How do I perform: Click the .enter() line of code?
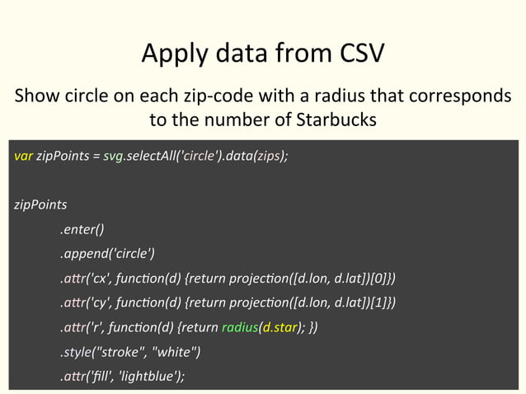tap(81, 228)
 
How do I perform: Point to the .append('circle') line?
tap(107, 253)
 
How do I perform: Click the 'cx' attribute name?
tap(104, 278)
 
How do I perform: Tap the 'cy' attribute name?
tap(104, 303)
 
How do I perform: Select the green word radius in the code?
tap(240, 328)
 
